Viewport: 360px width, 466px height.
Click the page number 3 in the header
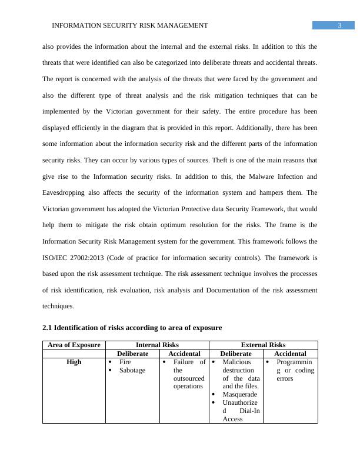coord(340,25)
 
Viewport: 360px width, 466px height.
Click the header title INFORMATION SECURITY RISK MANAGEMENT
coord(130,25)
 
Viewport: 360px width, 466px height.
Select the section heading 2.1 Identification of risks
coord(132,327)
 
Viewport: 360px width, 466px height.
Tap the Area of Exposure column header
coord(74,345)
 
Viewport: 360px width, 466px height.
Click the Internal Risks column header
coord(157,345)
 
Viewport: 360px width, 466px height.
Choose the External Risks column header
coord(263,345)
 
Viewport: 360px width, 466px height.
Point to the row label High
coord(74,362)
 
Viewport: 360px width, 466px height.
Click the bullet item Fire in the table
coord(125,362)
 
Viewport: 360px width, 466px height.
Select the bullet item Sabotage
coord(132,370)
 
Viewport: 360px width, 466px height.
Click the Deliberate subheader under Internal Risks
coord(132,354)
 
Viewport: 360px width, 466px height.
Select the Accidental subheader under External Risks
coord(290,354)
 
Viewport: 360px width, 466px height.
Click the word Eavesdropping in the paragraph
coord(66,192)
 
